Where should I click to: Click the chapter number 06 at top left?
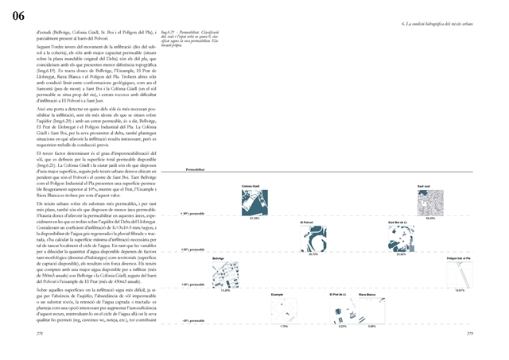pos(18,15)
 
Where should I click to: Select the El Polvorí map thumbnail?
pos(313,238)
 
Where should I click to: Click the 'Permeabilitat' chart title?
pos(195,170)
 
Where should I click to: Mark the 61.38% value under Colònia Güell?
pos(254,218)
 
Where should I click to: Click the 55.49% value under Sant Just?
pos(430,218)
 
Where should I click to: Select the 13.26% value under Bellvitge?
pos(225,290)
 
